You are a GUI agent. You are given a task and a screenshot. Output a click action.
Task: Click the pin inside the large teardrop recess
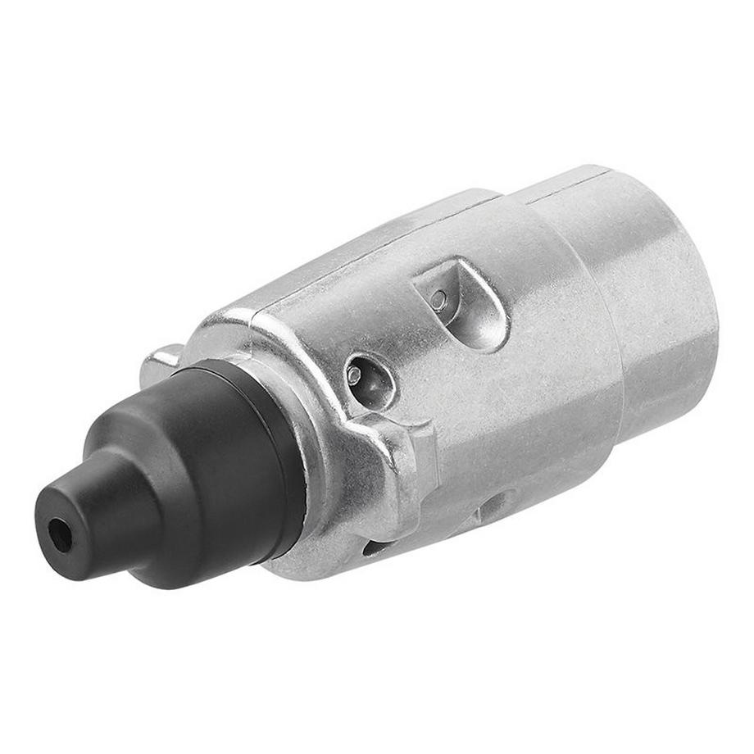pos(439,300)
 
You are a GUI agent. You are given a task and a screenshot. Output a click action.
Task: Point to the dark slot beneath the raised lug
pos(377,545)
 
